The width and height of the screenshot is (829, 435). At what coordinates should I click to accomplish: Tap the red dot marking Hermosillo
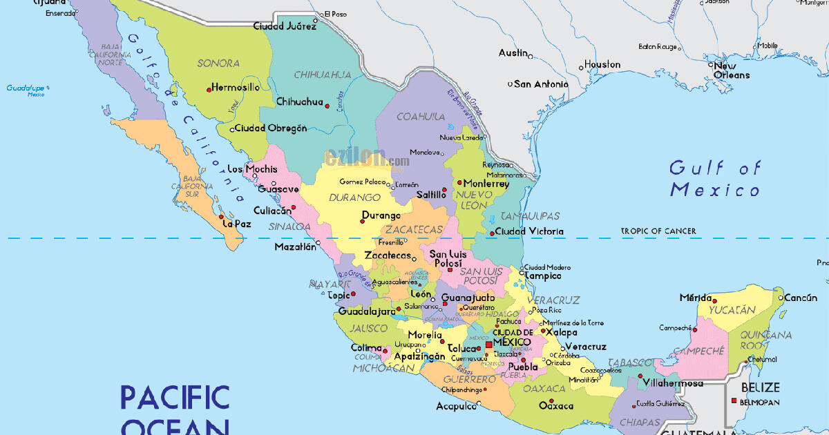click(x=209, y=89)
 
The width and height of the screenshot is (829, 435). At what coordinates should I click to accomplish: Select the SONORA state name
click(x=218, y=64)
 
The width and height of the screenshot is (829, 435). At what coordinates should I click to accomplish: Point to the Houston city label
click(x=602, y=65)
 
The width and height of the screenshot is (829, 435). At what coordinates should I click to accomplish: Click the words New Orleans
click(x=731, y=70)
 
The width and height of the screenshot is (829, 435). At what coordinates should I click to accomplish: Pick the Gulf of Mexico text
click(x=715, y=179)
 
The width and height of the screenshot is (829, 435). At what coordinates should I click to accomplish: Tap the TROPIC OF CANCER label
click(x=658, y=231)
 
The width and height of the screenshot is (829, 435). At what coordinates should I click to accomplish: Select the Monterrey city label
click(x=486, y=184)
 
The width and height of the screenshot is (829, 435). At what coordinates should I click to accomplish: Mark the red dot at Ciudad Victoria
click(x=491, y=233)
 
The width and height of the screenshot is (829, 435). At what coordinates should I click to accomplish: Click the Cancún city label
click(x=801, y=298)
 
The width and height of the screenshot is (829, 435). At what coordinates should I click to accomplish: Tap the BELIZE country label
click(x=760, y=388)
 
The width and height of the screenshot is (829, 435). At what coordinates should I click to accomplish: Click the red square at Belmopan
click(x=733, y=401)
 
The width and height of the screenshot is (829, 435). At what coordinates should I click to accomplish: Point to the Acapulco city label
click(x=456, y=407)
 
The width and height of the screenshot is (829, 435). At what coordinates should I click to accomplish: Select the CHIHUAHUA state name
click(x=322, y=75)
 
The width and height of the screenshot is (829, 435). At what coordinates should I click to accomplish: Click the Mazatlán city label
click(x=295, y=246)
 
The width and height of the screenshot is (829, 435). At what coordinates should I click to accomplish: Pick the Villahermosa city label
click(x=672, y=383)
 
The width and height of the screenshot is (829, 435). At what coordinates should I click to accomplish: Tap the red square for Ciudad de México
click(x=488, y=343)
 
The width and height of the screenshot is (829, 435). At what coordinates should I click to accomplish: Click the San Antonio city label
click(x=541, y=84)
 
